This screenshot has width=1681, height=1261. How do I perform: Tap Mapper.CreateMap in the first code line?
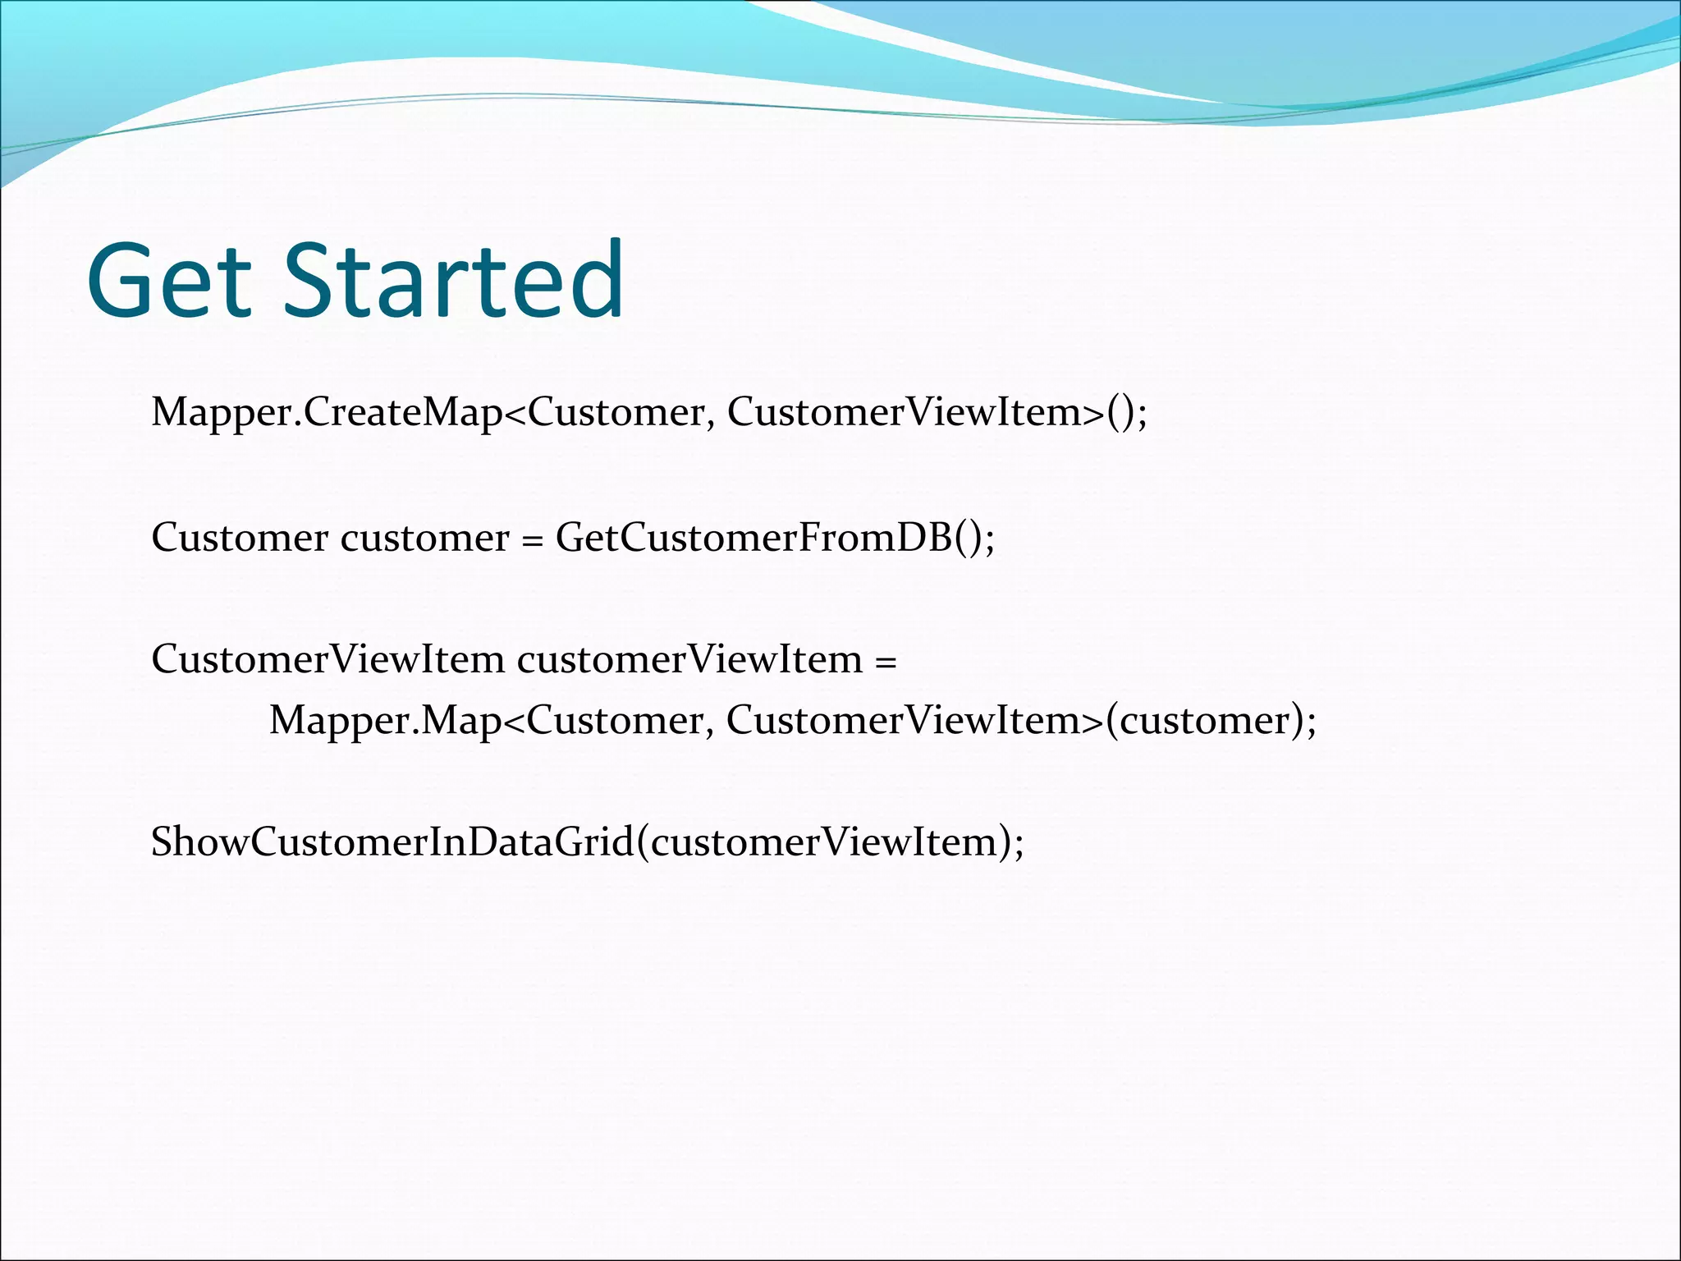coord(325,412)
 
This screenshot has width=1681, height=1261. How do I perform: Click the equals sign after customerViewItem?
coord(886,660)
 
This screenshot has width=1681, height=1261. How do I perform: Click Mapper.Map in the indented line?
coord(384,721)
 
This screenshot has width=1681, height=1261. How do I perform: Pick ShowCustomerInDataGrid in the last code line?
coord(392,842)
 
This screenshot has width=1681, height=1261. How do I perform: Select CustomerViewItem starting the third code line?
coord(327,660)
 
